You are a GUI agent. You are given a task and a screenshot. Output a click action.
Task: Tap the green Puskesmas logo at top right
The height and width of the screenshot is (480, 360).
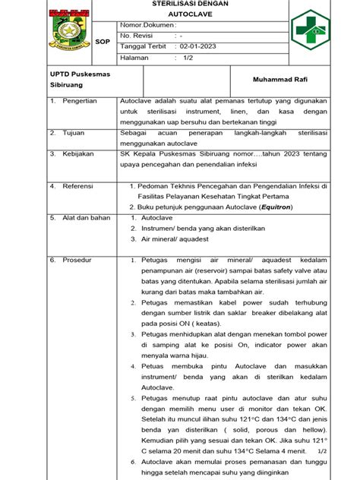(x=312, y=31)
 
